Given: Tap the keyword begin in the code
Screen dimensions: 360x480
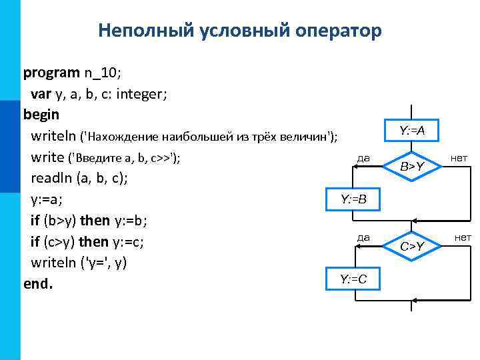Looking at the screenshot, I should point(41,114).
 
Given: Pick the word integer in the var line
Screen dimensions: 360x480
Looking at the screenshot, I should point(141,93).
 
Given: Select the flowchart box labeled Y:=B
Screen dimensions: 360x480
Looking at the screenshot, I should point(353,199).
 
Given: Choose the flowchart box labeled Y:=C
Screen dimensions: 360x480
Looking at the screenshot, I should point(353,279).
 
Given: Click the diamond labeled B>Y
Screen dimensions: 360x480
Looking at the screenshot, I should point(412,166).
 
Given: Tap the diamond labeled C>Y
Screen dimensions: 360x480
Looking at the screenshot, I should point(412,247).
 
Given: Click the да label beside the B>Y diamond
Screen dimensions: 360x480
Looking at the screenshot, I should point(364,158).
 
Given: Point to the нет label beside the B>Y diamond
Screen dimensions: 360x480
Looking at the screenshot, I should point(459,158).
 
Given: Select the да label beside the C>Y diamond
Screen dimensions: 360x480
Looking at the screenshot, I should point(364,236).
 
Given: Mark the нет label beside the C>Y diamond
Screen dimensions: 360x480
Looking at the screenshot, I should point(462,237).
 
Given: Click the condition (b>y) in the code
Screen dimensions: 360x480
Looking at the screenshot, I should point(59,220).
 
